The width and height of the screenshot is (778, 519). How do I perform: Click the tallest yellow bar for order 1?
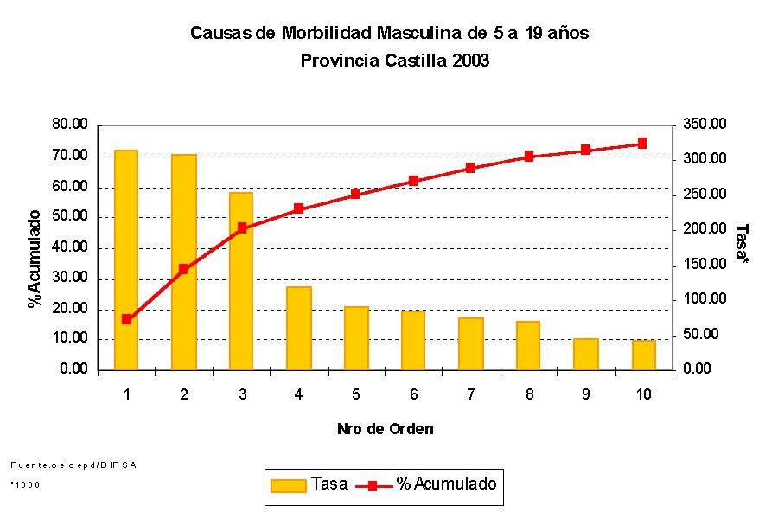tap(126, 259)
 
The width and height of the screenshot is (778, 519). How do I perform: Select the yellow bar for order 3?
tap(241, 281)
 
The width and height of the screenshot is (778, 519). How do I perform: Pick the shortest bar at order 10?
tap(643, 356)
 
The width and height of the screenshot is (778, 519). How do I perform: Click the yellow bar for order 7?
tap(471, 344)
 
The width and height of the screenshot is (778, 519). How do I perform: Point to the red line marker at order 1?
tap(126, 319)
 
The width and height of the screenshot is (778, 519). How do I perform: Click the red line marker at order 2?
tap(183, 269)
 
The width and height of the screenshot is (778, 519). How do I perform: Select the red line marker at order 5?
tap(355, 195)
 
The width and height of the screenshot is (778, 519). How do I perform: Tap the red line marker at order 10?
tap(642, 144)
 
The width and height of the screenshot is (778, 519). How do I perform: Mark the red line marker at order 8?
tap(528, 157)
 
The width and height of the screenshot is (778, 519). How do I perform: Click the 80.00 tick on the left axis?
tap(70, 125)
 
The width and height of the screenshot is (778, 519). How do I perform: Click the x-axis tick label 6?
tap(413, 394)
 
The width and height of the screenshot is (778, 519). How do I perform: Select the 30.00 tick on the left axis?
tap(70, 279)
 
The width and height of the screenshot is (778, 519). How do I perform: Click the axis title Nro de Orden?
tap(385, 429)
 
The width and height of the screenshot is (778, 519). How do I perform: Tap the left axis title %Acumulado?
tap(35, 259)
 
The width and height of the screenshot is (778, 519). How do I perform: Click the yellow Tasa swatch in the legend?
tap(289, 485)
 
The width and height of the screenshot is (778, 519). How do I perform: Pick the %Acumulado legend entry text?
tap(446, 484)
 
